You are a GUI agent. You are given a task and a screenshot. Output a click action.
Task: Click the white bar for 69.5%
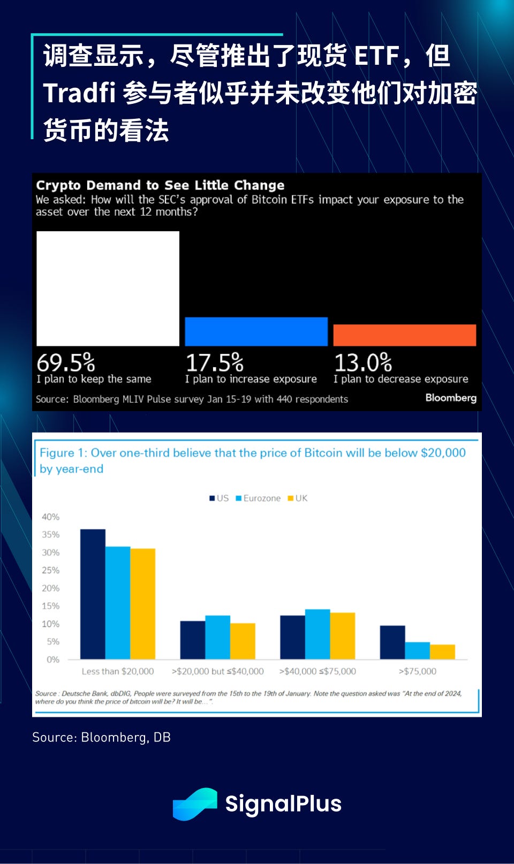[108, 289]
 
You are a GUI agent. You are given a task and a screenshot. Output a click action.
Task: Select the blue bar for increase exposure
[256, 331]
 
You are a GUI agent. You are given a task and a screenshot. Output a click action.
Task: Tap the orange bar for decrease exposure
[404, 335]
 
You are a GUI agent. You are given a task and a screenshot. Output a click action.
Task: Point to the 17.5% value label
[214, 363]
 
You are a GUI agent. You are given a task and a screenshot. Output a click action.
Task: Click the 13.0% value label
[363, 363]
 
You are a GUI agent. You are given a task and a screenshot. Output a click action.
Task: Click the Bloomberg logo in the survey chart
[451, 398]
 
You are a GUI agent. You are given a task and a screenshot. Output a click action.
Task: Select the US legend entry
[219, 498]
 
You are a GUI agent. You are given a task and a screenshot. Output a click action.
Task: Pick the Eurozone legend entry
[258, 498]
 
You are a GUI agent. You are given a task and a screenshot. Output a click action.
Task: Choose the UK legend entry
[298, 498]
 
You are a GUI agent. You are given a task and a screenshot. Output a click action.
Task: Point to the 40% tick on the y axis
[51, 517]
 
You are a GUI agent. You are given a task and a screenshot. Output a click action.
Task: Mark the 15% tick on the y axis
[51, 606]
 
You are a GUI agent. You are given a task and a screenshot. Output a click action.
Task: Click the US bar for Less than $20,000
[93, 594]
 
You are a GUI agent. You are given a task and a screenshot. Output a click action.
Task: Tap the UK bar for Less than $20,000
[143, 604]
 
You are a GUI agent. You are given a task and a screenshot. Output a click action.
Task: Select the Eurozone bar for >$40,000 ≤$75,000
[318, 634]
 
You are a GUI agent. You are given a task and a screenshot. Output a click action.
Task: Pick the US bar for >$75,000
[392, 642]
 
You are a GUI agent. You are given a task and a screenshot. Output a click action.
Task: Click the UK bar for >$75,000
[442, 652]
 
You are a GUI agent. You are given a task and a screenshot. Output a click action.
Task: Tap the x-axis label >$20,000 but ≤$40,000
[217, 671]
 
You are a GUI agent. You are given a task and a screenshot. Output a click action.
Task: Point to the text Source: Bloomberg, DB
[101, 737]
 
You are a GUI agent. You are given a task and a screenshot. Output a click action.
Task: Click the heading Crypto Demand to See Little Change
[160, 185]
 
